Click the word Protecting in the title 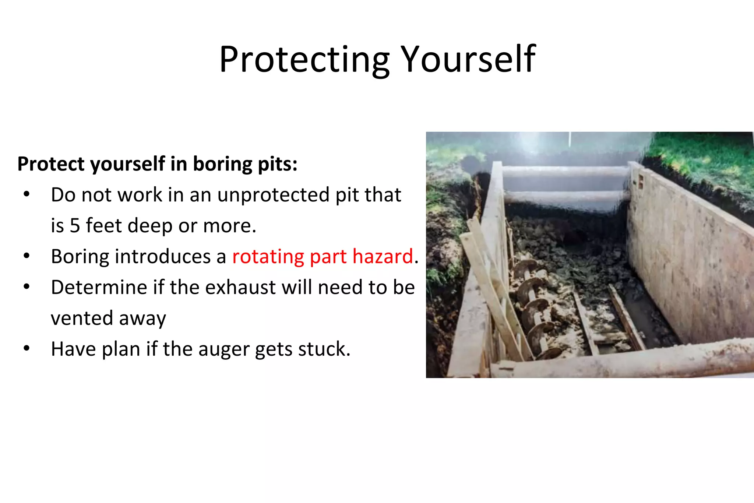(304, 60)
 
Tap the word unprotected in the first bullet (273, 195)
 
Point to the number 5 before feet (75, 225)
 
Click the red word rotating (268, 256)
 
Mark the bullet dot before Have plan (27, 348)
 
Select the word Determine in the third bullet (99, 287)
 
